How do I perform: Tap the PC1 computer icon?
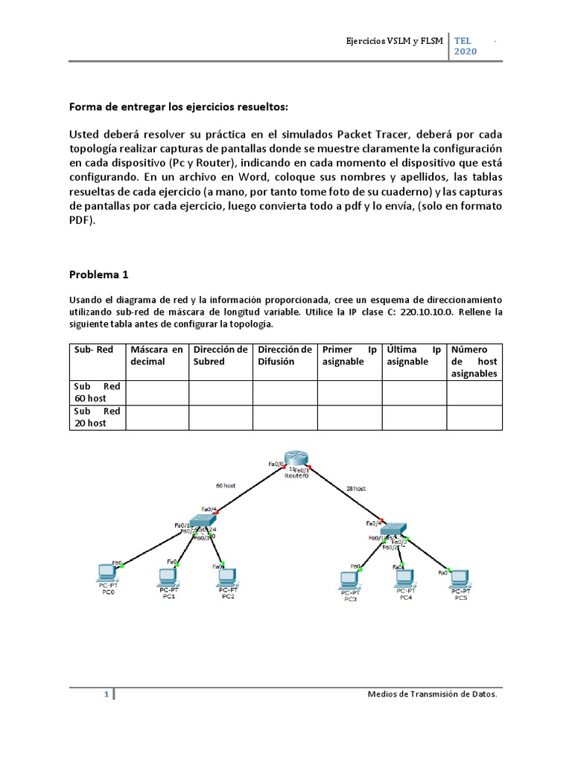(168, 575)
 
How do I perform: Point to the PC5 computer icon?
(460, 576)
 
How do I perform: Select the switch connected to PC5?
(393, 529)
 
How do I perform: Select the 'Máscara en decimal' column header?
(156, 355)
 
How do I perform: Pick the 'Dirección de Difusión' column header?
(285, 355)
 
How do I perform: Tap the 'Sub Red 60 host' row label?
(97, 392)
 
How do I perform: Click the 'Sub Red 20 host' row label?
(97, 417)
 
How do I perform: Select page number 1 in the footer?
(107, 694)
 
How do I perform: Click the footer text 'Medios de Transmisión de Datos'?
(433, 694)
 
